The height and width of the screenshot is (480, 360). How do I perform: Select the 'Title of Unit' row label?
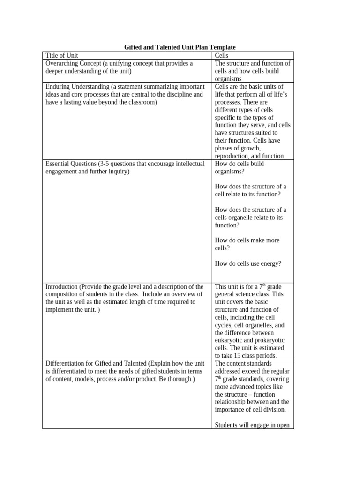(x=62, y=55)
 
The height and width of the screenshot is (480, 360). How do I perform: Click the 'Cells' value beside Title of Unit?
(x=222, y=55)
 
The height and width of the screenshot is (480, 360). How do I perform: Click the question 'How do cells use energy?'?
(x=248, y=263)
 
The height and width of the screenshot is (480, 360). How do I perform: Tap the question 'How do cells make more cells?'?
(x=247, y=244)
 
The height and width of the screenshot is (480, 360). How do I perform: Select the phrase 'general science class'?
(x=243, y=294)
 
